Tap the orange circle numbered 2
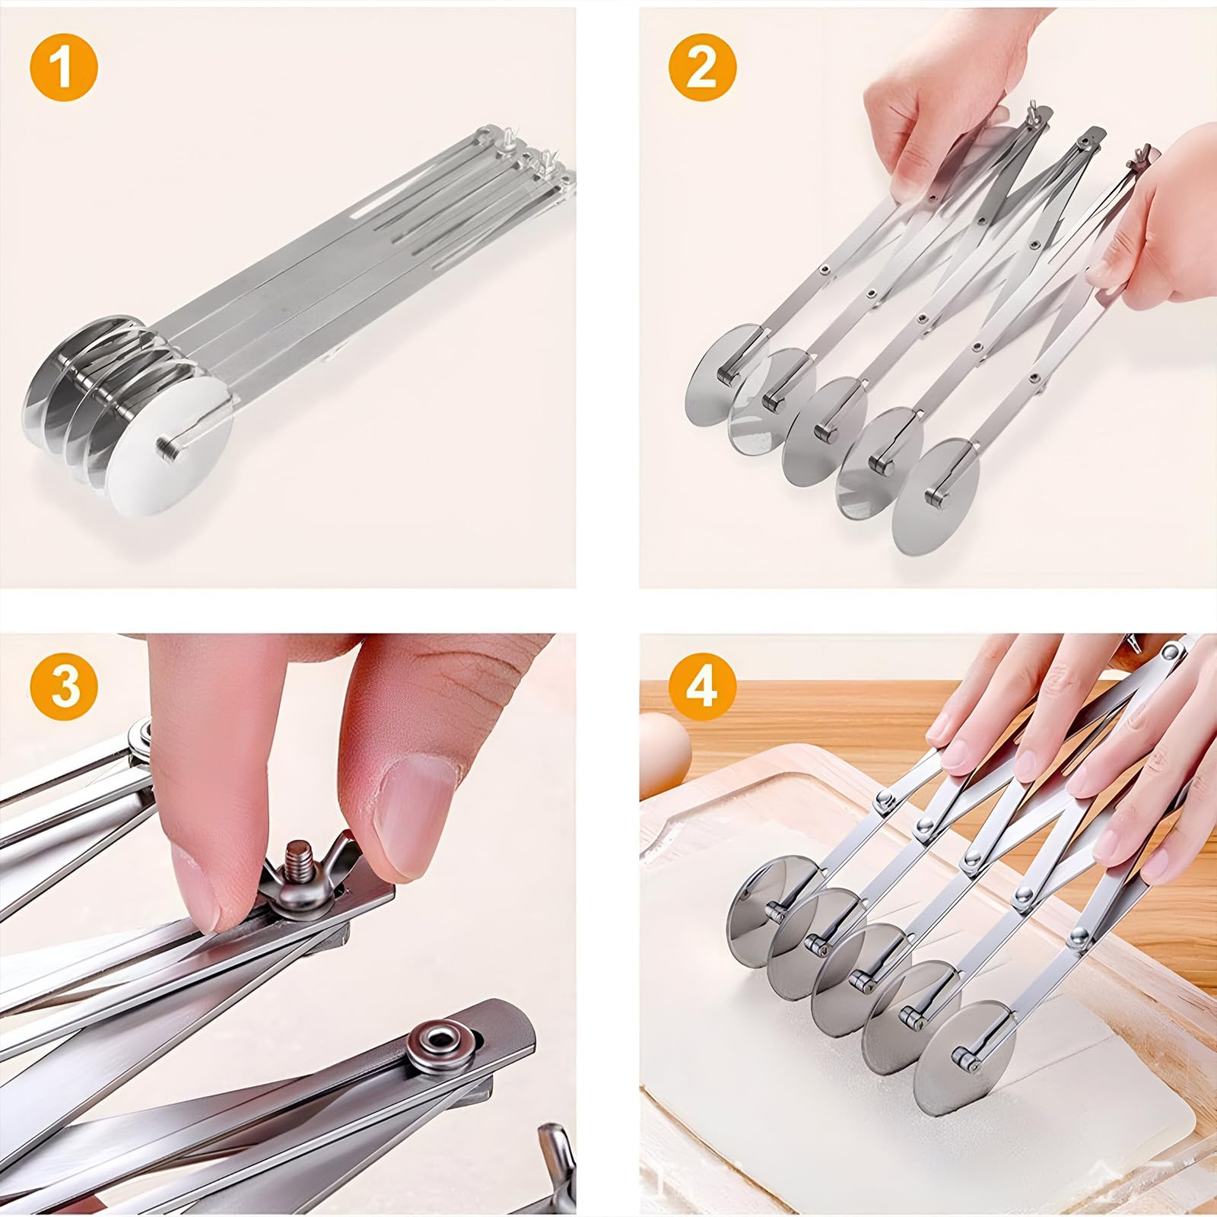click(702, 66)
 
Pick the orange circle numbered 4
click(702, 686)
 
